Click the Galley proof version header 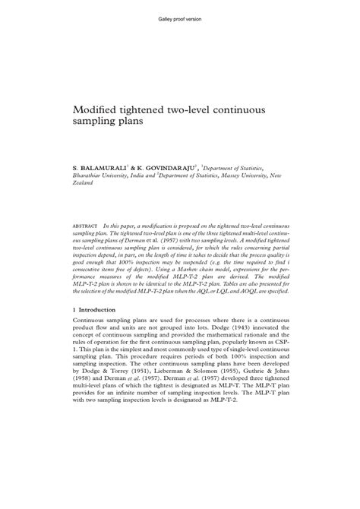coord(180,17)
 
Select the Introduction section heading coord(97,309)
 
